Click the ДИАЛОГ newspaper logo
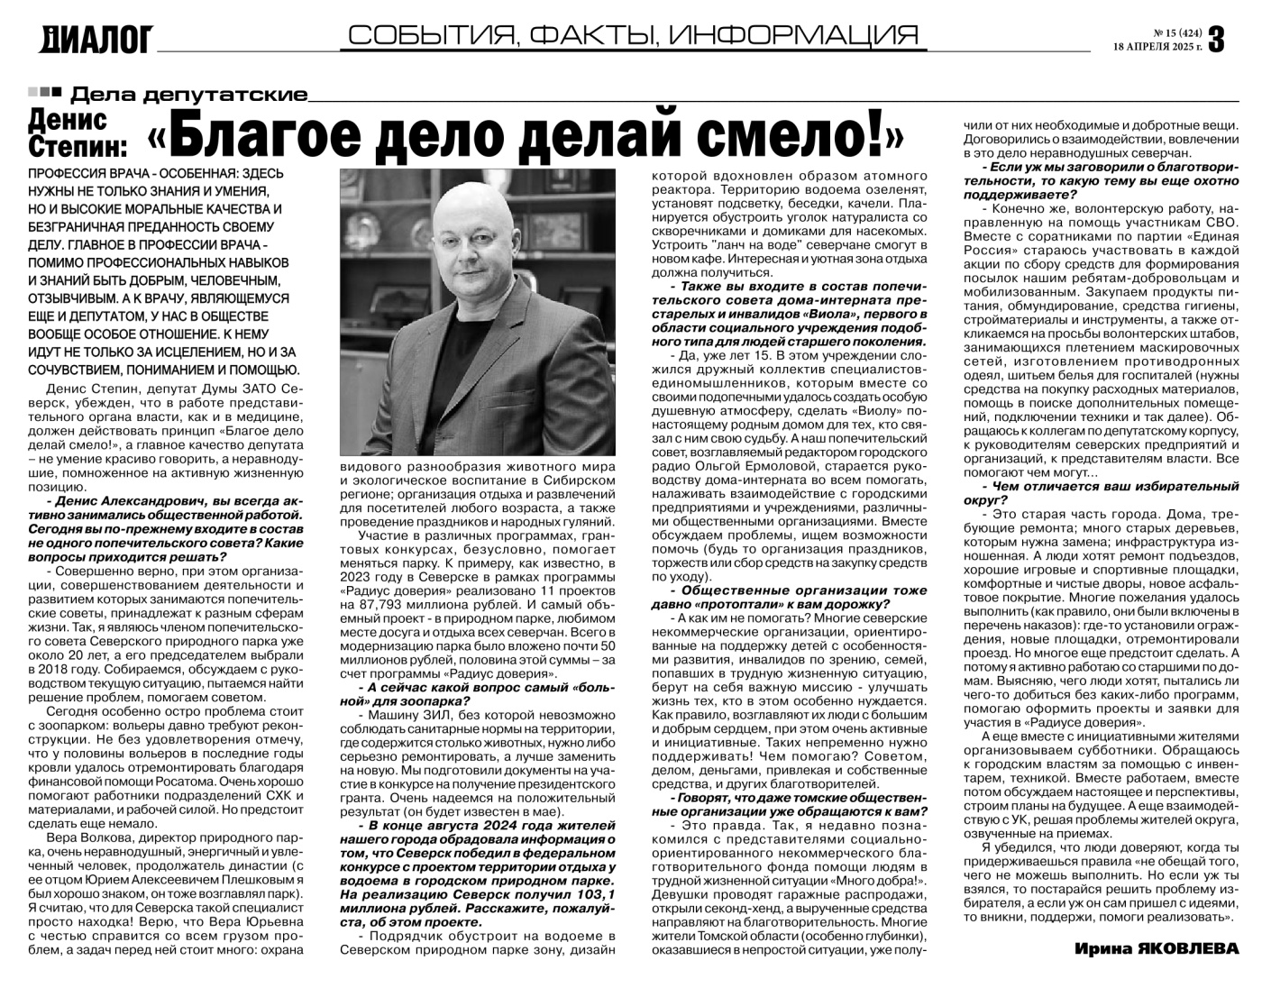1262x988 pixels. [97, 39]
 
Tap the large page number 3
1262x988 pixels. [1216, 38]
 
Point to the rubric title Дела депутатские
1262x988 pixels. [188, 94]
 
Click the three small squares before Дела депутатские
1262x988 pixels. [44, 92]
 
